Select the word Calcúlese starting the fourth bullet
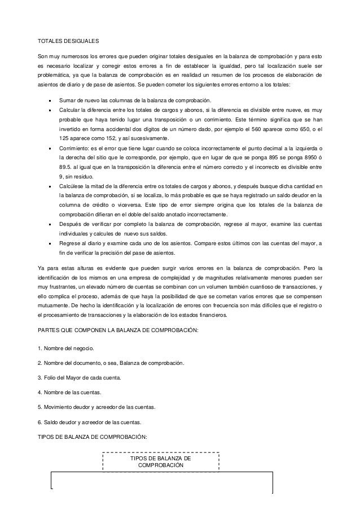pyautogui.click(x=73, y=185)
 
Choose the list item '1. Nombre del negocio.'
pyautogui.click(x=65, y=346)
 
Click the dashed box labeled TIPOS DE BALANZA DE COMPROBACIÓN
pyautogui.click(x=161, y=463)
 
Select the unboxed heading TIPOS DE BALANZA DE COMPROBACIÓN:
pyautogui.click(x=91, y=437)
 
